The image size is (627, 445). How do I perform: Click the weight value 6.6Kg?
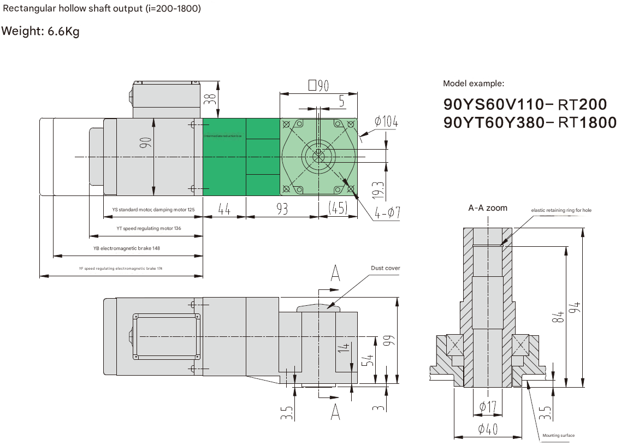[x=63, y=31]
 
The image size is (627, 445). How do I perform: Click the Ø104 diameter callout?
[x=386, y=121]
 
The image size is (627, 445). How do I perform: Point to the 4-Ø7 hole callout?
[x=387, y=212]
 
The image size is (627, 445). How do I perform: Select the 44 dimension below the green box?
[x=224, y=209]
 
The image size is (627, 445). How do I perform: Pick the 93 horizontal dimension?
[x=282, y=209]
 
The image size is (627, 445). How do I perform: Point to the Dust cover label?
[x=385, y=268]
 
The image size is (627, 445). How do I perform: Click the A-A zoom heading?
[x=488, y=208]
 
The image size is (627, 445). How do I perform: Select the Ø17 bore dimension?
[x=487, y=407]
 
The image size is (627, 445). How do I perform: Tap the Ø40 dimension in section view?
[x=487, y=430]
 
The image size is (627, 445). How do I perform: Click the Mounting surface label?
[x=558, y=435]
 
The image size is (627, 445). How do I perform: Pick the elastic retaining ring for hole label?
[x=561, y=210]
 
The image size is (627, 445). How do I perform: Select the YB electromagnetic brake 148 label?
[x=127, y=248]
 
